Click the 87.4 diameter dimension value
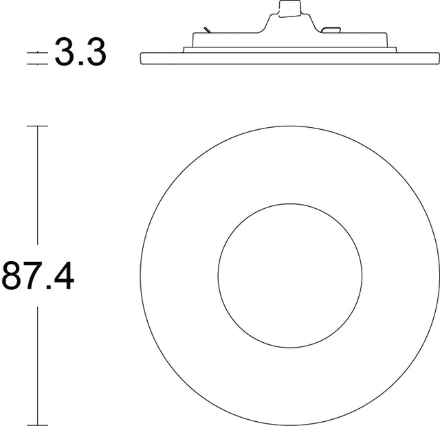tap(38, 276)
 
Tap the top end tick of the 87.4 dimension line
tap(37, 126)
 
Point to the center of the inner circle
tap(289, 275)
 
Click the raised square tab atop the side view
tap(289, 8)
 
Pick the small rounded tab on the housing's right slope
tap(331, 30)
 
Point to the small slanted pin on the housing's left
tap(206, 30)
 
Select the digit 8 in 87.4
tap(14, 276)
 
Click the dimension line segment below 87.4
tap(37, 364)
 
